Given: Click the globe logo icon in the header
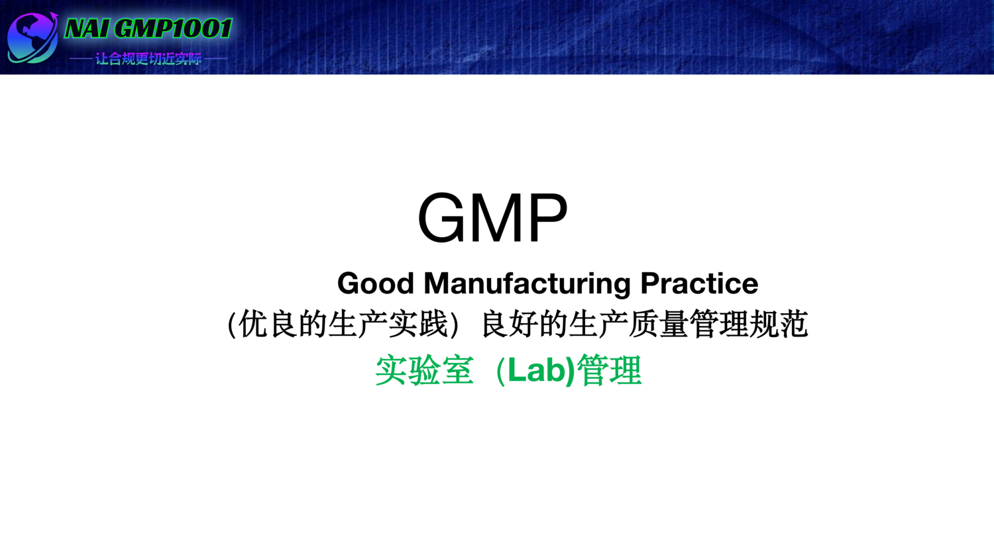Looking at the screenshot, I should tap(32, 38).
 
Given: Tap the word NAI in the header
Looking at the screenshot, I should tap(87, 28).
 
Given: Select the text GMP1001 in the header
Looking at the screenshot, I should tap(173, 28).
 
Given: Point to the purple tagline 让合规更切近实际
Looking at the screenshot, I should tap(148, 59).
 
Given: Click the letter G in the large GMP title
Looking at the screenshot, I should tap(443, 217).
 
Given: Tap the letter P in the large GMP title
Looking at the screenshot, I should tap(549, 217).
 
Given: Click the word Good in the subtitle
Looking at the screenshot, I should tap(376, 283).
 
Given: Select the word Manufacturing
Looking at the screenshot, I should tap(527, 283).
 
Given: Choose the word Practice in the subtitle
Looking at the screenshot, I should tap(699, 283).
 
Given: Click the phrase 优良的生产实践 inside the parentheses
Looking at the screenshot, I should tap(343, 325).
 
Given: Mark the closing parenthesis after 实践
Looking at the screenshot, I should tap(454, 325).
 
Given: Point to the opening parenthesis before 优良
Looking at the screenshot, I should tap(232, 325).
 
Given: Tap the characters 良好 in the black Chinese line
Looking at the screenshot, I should tap(509, 325).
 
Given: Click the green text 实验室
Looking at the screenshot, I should tap(424, 370).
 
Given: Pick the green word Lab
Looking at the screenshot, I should tap(536, 370).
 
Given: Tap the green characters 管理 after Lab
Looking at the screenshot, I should tap(610, 370).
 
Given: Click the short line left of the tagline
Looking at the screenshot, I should tap(81, 59).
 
